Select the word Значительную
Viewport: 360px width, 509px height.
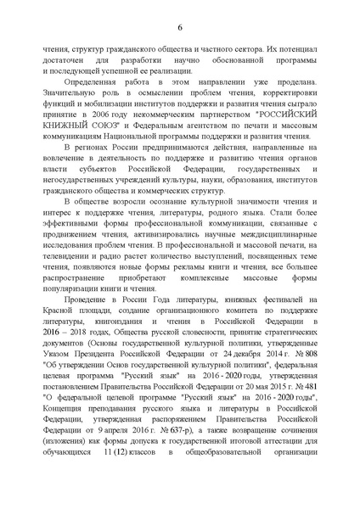click(x=74, y=94)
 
